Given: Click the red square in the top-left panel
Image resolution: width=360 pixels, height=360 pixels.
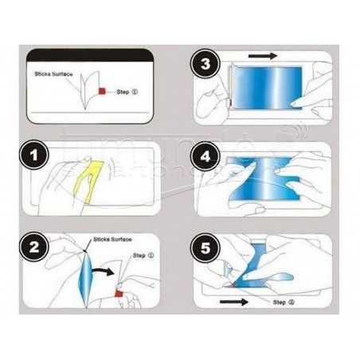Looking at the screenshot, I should (101, 92).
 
